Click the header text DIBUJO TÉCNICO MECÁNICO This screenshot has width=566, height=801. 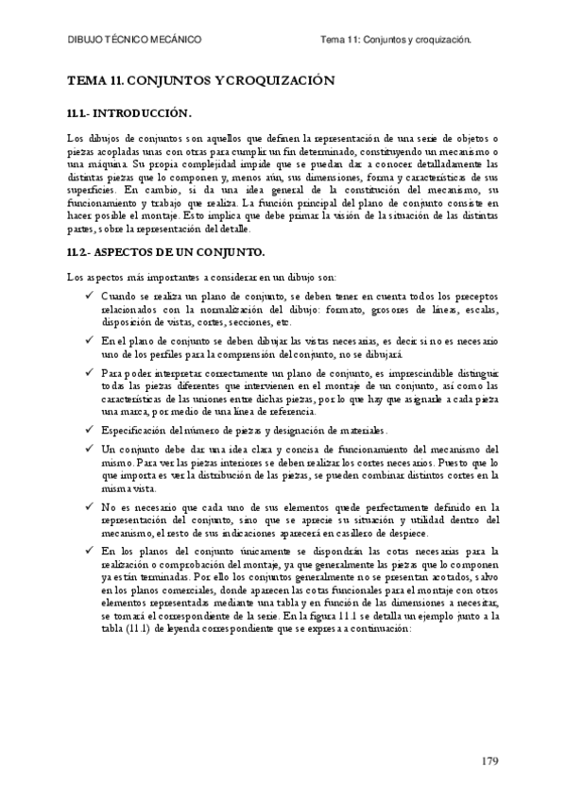(x=135, y=41)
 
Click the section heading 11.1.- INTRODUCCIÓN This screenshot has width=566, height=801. (x=129, y=114)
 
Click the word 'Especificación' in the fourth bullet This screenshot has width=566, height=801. (x=131, y=431)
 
